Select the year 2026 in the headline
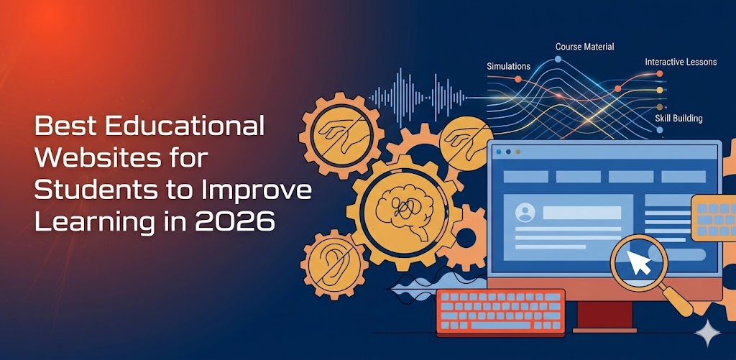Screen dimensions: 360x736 [234, 221]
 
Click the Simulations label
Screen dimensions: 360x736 [508, 67]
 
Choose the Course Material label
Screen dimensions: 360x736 [584, 47]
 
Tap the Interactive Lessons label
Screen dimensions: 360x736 [680, 63]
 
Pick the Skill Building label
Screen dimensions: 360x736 [678, 118]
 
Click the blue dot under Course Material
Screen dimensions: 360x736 [558, 59]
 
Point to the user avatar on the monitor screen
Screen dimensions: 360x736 [525, 213]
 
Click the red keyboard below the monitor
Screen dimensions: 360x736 [500, 310]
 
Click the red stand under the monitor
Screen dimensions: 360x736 [604, 316]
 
